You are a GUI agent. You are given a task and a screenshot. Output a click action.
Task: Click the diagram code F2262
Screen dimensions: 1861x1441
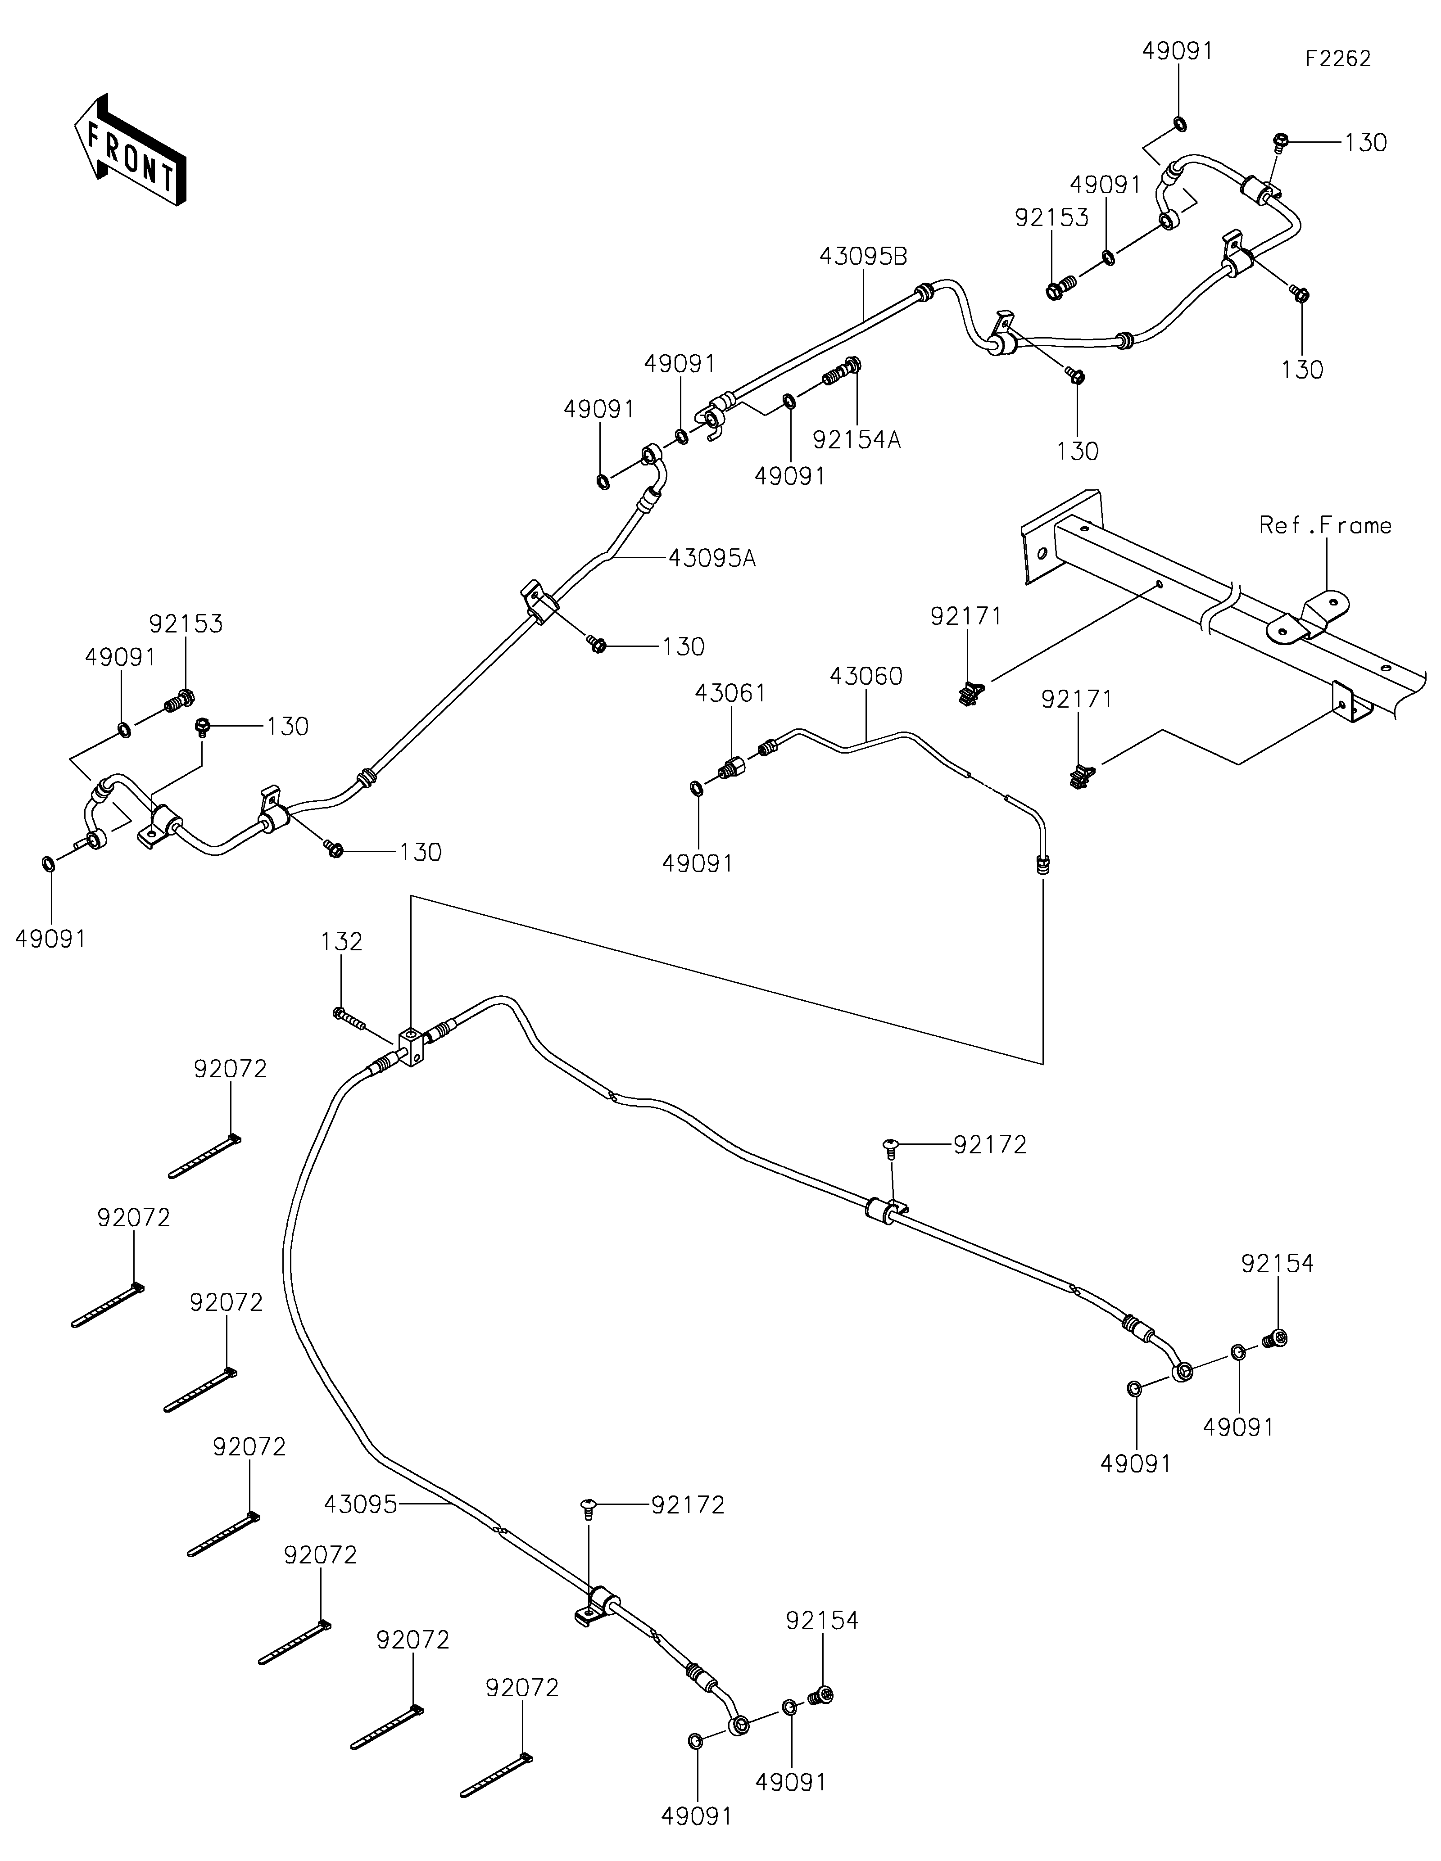tap(1338, 59)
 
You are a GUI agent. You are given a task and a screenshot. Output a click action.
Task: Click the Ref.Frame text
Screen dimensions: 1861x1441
tap(1325, 526)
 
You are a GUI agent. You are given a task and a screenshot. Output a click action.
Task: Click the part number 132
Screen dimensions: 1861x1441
tap(342, 942)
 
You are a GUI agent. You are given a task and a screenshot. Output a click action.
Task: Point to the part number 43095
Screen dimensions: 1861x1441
tap(360, 1505)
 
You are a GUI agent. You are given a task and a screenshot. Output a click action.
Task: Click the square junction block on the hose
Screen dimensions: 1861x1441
tap(411, 1046)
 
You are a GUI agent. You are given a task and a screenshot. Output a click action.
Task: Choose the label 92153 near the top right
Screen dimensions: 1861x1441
tap(1051, 218)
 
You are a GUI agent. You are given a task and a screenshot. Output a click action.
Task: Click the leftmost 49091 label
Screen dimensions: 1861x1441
tap(51, 939)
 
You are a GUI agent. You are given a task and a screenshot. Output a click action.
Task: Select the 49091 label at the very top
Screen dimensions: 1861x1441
tap(1178, 51)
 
